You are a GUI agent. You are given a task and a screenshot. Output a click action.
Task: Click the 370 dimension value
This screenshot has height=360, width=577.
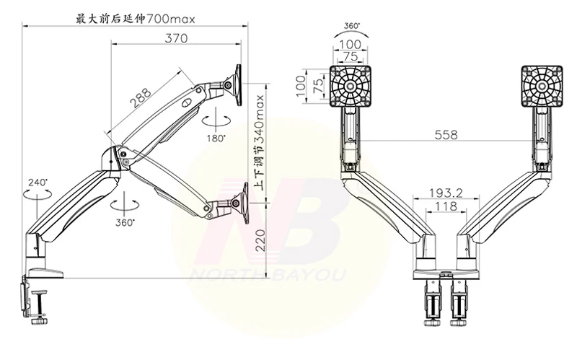[176, 38]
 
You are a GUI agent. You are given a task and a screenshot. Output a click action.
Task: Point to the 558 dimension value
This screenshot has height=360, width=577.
[446, 135]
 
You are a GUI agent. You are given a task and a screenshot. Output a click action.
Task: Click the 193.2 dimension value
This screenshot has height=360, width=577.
[446, 193]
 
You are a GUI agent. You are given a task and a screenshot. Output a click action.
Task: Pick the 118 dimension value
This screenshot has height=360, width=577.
[446, 206]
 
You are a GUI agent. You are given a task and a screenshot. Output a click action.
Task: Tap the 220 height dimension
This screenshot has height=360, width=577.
[260, 240]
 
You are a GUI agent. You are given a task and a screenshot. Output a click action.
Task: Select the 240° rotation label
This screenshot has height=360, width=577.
[38, 183]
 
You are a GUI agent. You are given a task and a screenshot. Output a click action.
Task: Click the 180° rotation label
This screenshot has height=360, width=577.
[216, 139]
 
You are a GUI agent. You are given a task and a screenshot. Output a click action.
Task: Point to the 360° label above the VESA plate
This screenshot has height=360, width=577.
[352, 26]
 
